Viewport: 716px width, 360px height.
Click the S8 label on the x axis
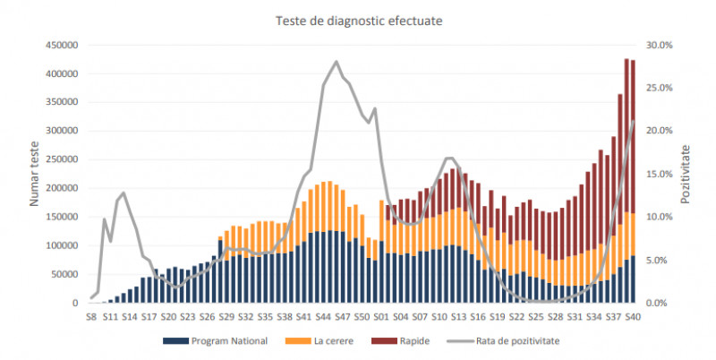coord(90,316)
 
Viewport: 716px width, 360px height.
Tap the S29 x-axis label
coord(226,316)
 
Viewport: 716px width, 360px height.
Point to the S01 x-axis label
coord(381,316)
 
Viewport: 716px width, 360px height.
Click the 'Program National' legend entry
coord(215,341)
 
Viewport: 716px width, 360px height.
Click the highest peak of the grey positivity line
coord(337,62)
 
